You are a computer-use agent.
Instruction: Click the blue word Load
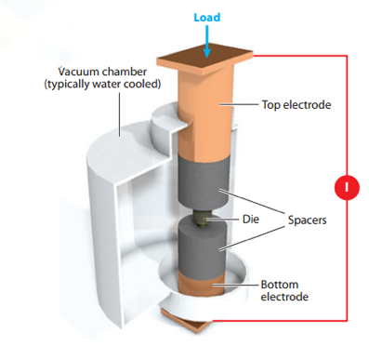(x=207, y=17)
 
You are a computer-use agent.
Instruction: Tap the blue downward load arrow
(x=207, y=42)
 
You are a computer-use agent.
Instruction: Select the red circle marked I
(x=347, y=187)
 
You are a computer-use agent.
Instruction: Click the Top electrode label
(x=297, y=104)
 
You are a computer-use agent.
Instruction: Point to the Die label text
(x=251, y=220)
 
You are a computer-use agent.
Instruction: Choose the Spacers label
(x=307, y=220)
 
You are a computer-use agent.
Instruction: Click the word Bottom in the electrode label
(x=280, y=285)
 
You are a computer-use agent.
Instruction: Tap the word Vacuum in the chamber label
(x=79, y=72)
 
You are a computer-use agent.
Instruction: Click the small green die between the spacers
(x=202, y=219)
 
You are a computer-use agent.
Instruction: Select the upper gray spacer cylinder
(x=203, y=180)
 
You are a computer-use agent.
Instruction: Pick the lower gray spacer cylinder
(x=203, y=246)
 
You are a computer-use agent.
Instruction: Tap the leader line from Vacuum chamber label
(x=120, y=114)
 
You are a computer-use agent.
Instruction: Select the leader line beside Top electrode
(x=239, y=104)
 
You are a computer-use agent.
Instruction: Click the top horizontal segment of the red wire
(x=300, y=56)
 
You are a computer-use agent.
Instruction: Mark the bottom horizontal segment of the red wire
(x=280, y=320)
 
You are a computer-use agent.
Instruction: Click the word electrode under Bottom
(x=284, y=297)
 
